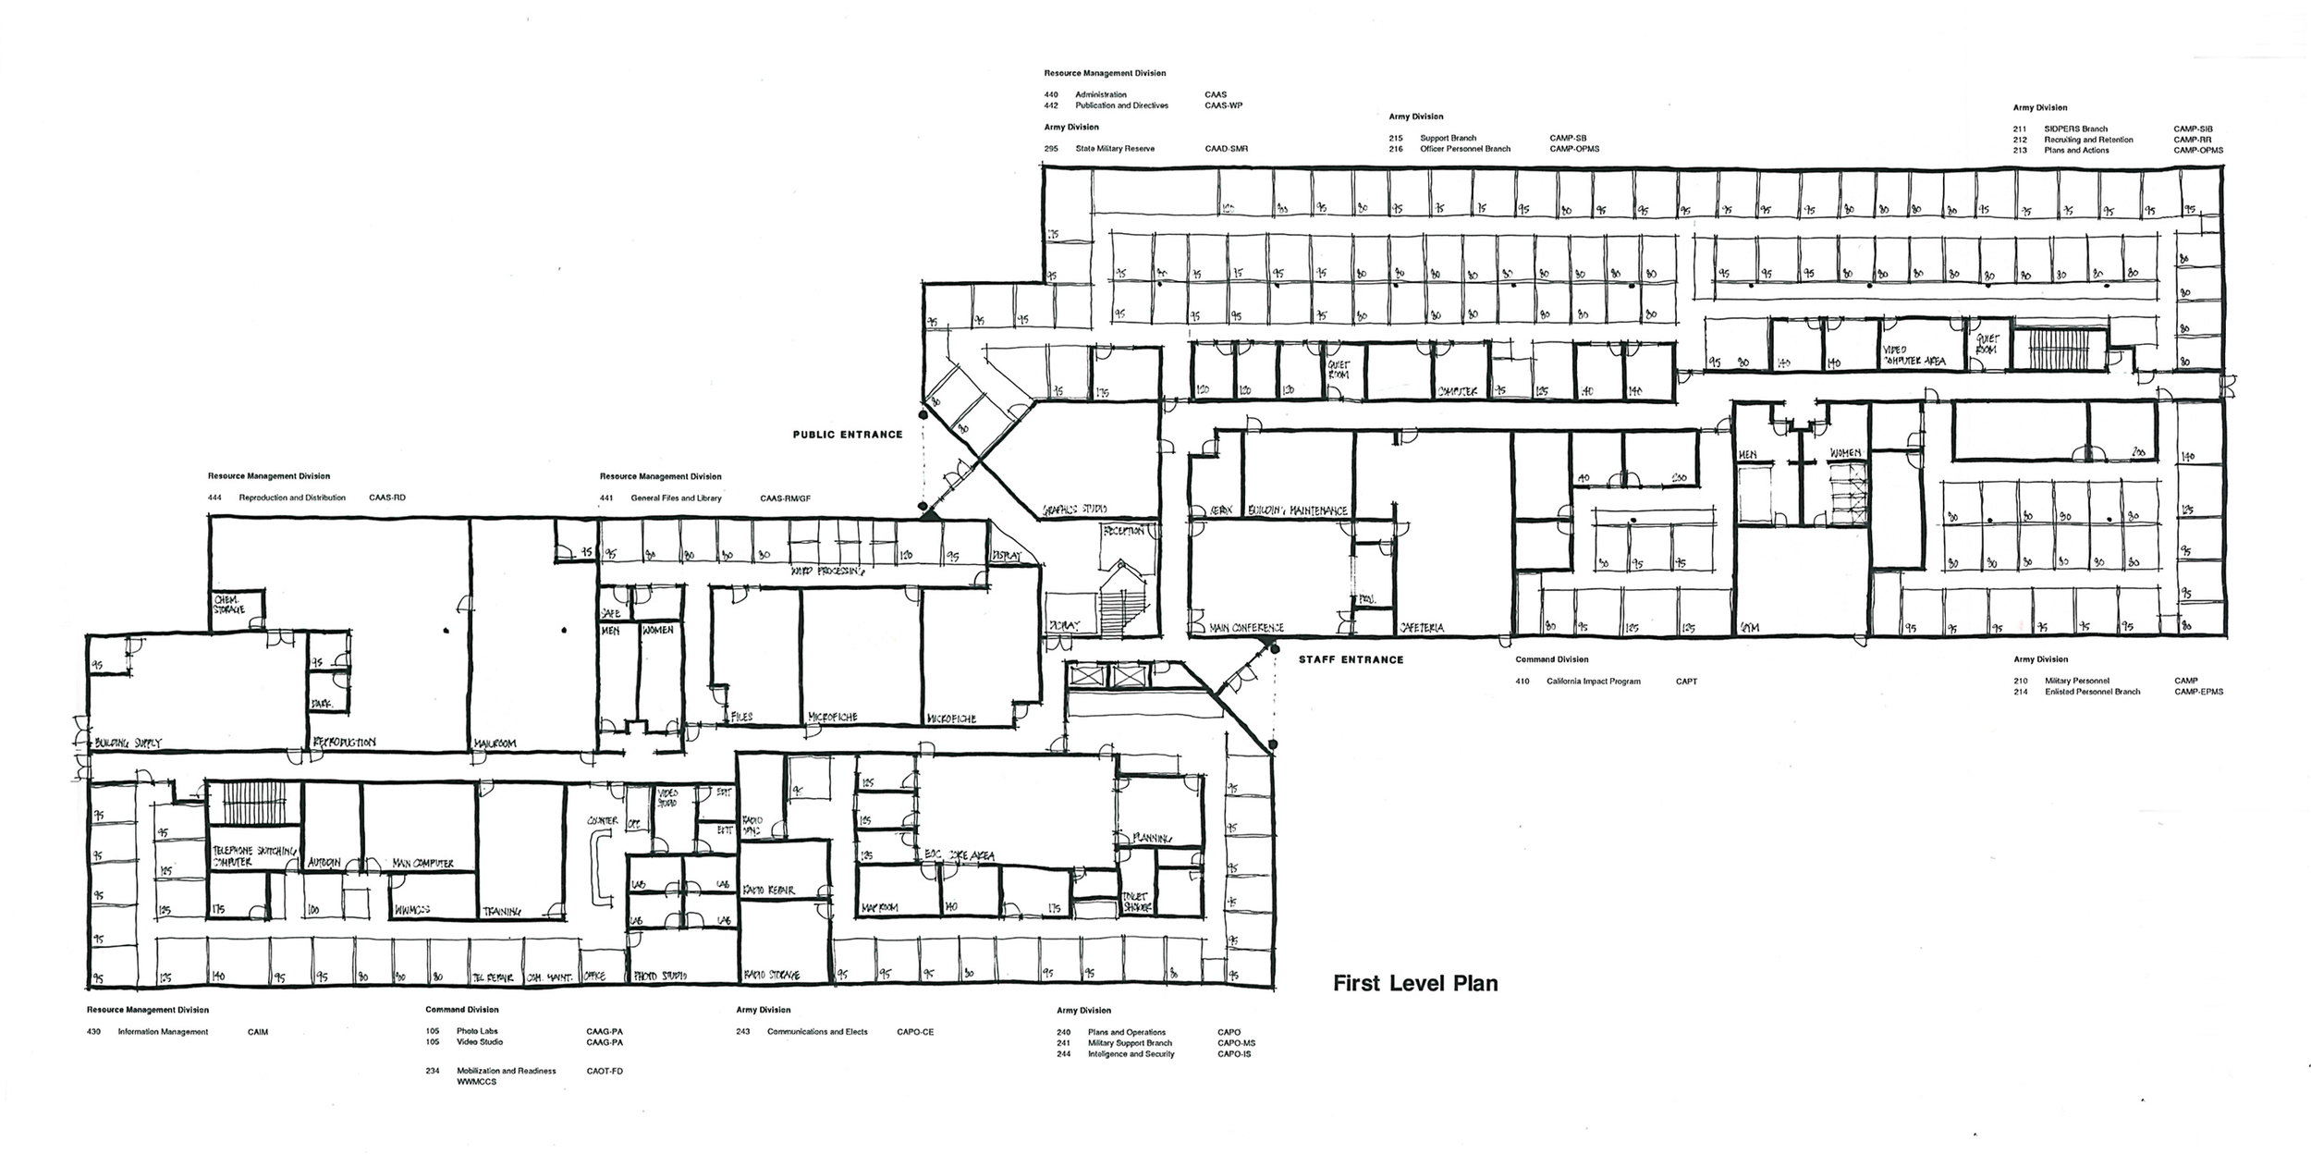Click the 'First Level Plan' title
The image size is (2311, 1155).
(x=1414, y=983)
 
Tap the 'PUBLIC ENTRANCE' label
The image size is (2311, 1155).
(x=848, y=435)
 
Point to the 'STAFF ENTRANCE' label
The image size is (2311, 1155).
(x=1351, y=660)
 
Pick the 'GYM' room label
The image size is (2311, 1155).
(x=1750, y=628)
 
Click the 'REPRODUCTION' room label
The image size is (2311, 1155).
(x=344, y=743)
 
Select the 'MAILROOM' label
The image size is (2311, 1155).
(x=495, y=743)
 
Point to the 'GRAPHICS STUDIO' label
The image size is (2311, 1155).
(x=1075, y=510)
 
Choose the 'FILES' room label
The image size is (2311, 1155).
(x=741, y=717)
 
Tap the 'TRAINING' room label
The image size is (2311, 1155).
(x=502, y=912)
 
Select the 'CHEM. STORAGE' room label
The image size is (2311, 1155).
(x=229, y=605)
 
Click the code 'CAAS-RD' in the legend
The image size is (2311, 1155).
(x=386, y=498)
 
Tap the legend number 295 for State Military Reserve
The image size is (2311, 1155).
(x=1051, y=149)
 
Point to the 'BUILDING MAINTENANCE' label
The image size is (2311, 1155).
(x=1297, y=510)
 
